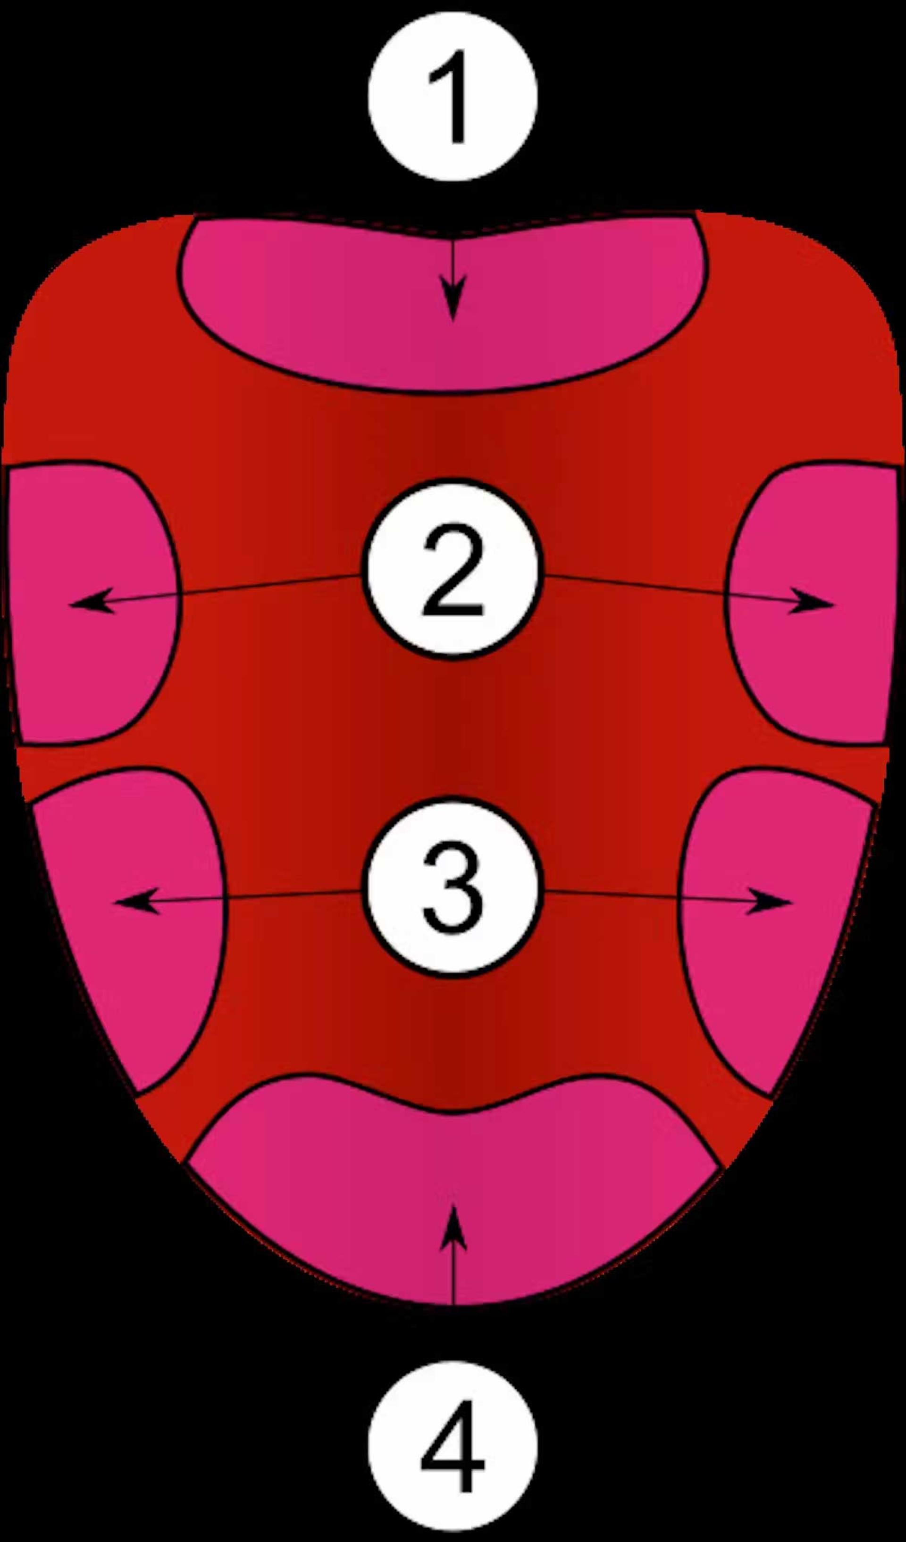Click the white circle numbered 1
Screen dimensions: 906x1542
click(453, 97)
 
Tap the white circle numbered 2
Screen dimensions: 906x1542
click(453, 570)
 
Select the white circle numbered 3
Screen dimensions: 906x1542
click(453, 887)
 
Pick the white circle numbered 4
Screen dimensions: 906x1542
click(453, 1445)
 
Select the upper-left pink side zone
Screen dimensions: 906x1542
click(92, 603)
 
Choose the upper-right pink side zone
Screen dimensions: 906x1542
click(811, 603)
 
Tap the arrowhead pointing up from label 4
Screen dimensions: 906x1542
click(453, 1227)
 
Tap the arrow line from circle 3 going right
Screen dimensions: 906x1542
click(668, 896)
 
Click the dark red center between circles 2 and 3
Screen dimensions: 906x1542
click(453, 728)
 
